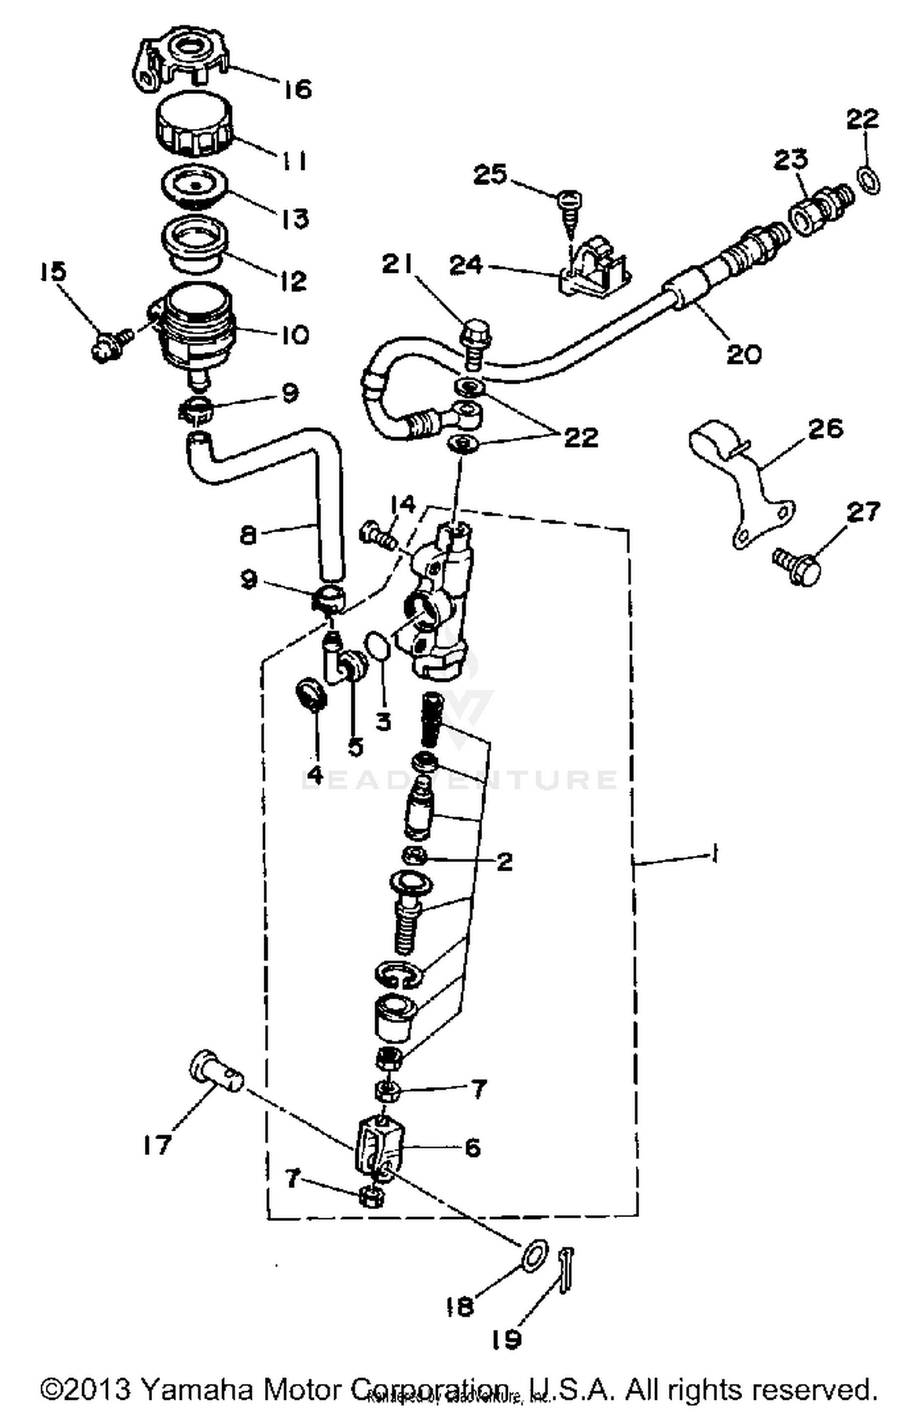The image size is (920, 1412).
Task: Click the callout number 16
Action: [297, 90]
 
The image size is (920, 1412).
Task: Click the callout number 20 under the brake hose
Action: [743, 354]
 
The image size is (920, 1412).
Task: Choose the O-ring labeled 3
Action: [377, 648]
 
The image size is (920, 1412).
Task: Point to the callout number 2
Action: [504, 861]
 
